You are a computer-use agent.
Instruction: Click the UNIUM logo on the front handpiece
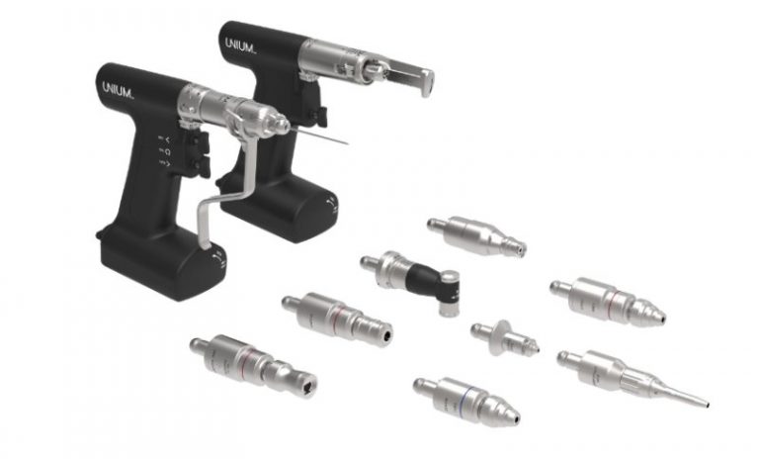(x=122, y=87)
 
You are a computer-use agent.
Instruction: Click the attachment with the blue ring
(x=464, y=399)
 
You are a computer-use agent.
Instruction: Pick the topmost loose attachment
(x=474, y=235)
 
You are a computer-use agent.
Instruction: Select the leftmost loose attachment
(x=252, y=363)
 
